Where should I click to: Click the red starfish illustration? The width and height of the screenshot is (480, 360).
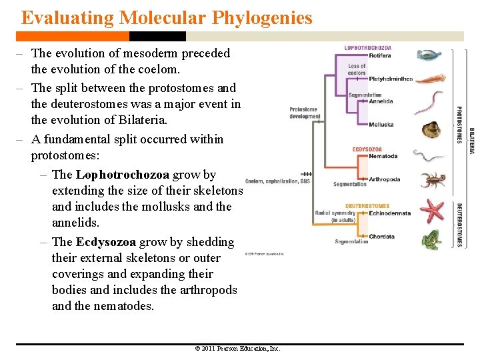[431, 211]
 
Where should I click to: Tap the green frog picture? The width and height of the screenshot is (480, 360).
[431, 239]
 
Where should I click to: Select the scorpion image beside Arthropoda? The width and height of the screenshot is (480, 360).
[433, 180]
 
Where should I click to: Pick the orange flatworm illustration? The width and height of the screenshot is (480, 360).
[431, 79]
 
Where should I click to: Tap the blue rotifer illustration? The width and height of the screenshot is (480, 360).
[429, 55]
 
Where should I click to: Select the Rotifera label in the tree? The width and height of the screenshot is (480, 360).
[380, 56]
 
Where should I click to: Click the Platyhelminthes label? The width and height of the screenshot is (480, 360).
[391, 79]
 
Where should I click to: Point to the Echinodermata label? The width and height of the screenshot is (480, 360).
[390, 213]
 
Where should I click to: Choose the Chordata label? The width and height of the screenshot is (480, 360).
[381, 237]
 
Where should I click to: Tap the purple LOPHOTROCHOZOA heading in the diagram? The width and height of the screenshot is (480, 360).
[367, 48]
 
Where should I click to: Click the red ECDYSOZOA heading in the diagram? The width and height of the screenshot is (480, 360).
[367, 149]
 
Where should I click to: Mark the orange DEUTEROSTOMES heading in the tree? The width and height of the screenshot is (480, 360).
[367, 206]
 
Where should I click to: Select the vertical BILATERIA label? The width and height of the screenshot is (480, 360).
[472, 141]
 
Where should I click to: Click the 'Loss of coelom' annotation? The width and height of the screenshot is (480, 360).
[357, 69]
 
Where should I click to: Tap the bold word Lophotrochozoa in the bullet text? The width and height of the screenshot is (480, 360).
[123, 175]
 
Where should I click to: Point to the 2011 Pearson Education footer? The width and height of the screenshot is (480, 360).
[237, 349]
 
